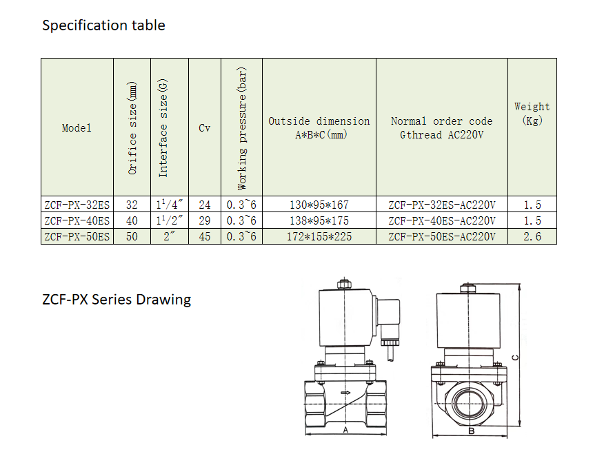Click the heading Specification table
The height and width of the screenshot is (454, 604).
(103, 25)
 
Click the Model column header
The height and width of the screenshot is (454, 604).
(77, 128)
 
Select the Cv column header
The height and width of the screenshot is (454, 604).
(205, 128)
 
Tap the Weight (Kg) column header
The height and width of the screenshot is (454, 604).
(532, 114)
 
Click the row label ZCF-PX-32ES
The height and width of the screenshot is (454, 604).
(77, 205)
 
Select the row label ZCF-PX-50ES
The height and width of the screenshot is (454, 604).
(77, 236)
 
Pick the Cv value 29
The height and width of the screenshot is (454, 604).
(205, 220)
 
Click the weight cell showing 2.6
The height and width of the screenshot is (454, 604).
(532, 236)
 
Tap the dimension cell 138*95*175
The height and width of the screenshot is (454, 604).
(319, 220)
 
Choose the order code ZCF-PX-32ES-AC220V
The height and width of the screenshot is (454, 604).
(442, 205)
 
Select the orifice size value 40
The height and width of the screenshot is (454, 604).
(132, 220)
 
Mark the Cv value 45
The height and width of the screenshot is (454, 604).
(205, 236)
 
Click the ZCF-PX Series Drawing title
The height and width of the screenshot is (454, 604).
(117, 300)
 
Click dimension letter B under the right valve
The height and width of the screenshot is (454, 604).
(471, 431)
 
